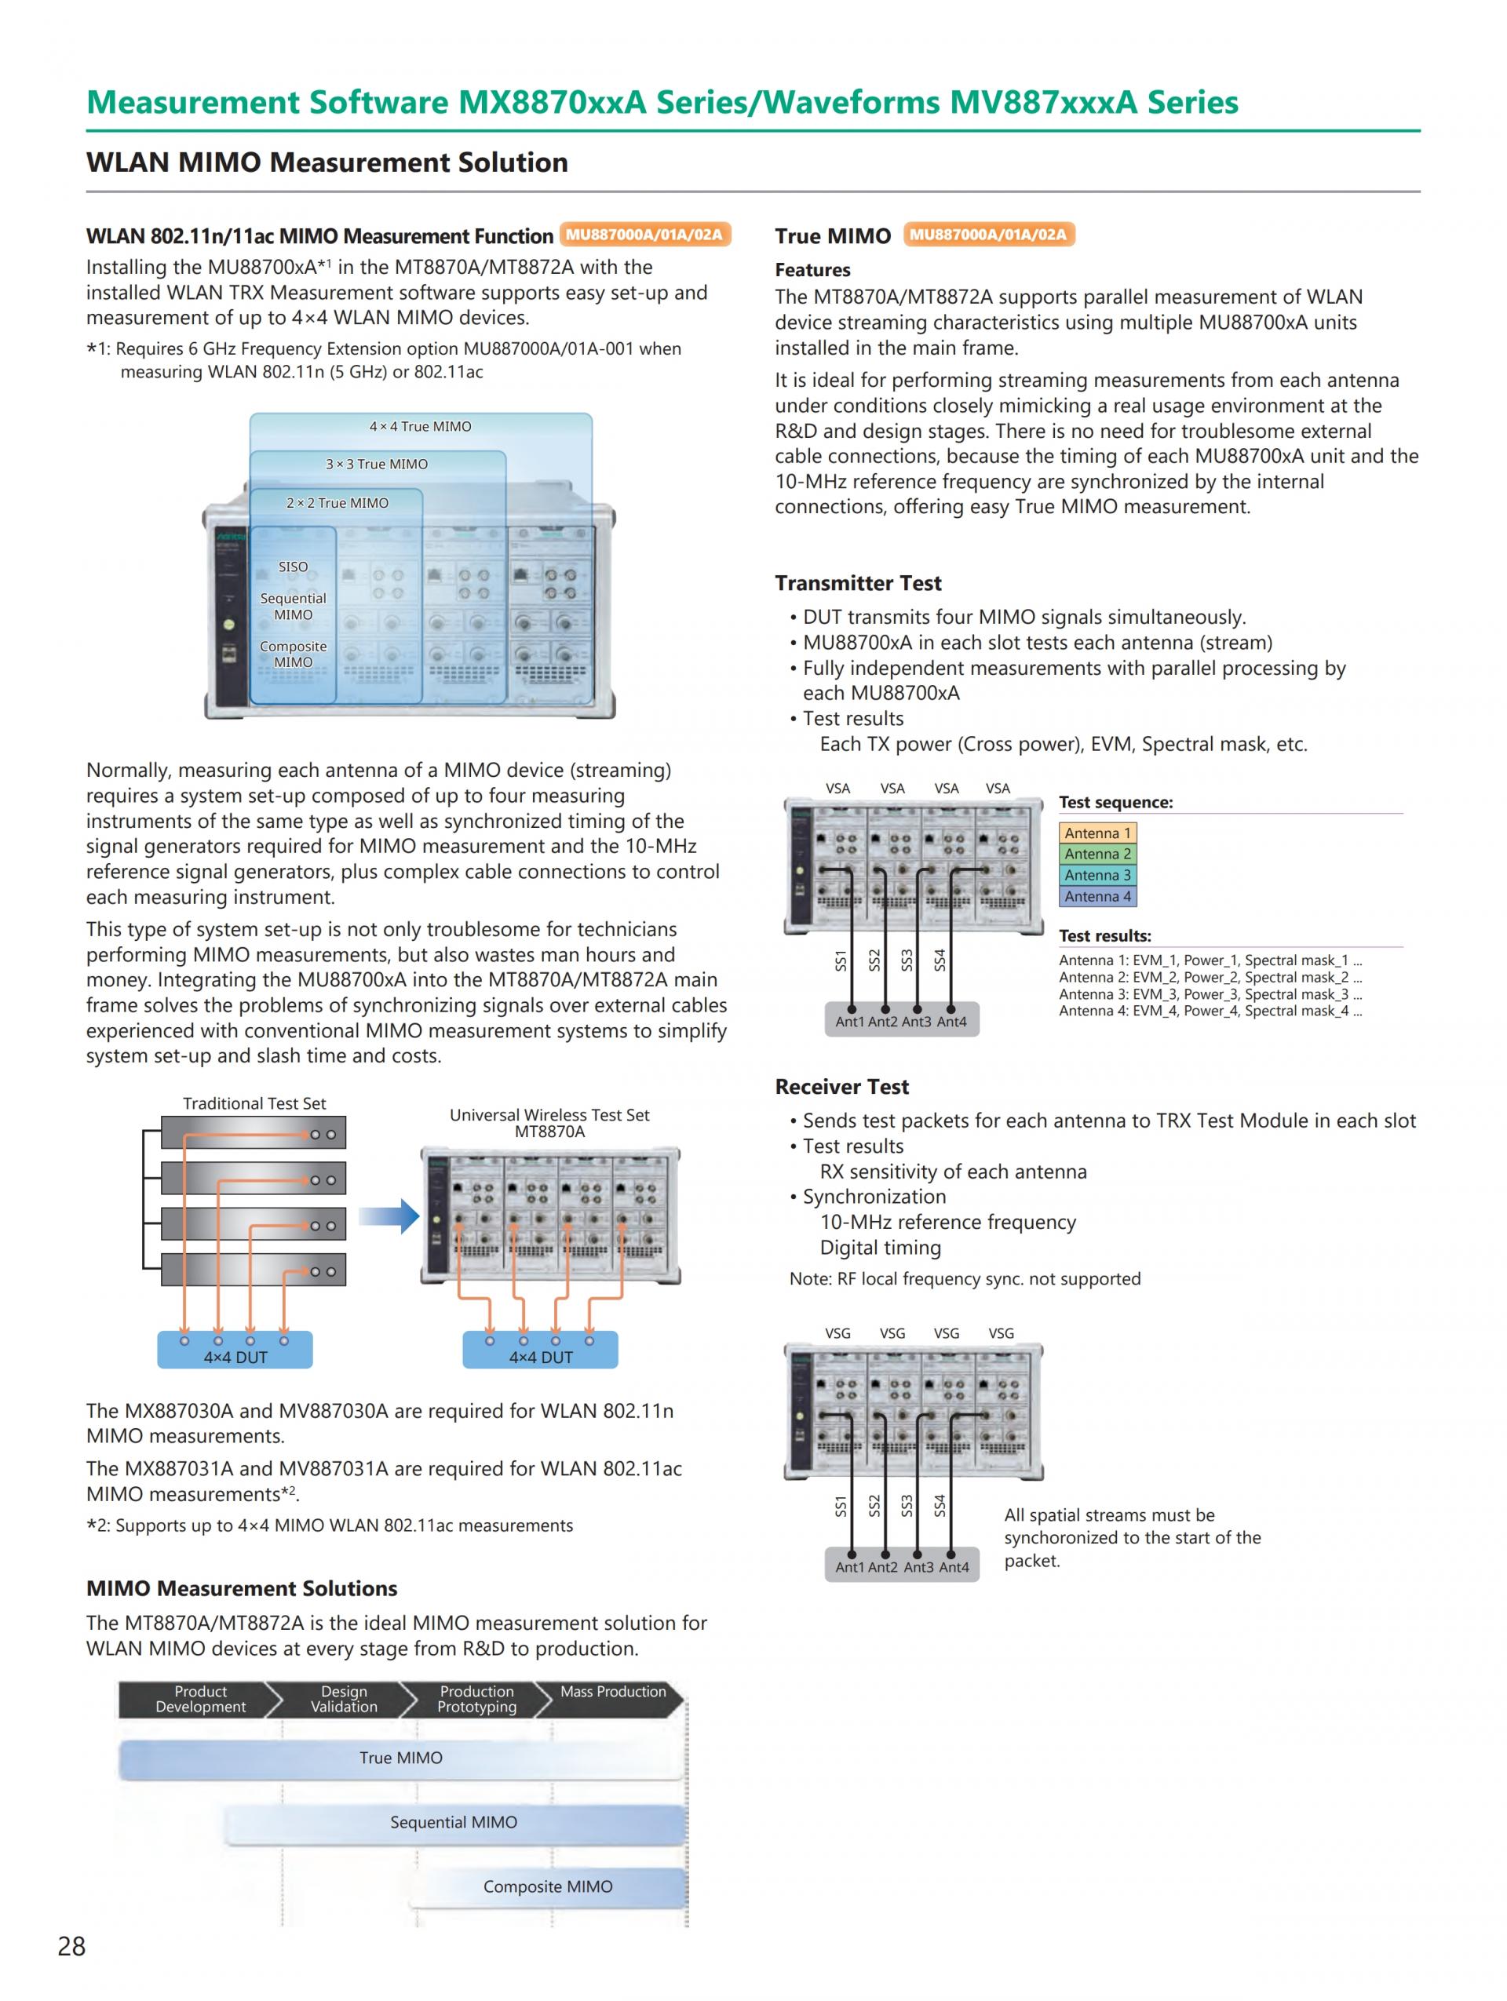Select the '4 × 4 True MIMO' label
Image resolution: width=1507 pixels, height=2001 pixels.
coord(420,427)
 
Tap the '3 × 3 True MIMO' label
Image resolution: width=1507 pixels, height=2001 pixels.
coord(376,464)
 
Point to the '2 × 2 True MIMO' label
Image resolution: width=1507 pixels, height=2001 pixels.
coord(337,503)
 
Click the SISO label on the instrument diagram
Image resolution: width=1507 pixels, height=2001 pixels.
coord(292,567)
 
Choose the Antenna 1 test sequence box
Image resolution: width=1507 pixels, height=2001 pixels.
coord(1097,833)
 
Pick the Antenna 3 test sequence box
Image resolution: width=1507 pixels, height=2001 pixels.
coord(1097,876)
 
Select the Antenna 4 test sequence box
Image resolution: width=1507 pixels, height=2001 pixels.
coord(1097,896)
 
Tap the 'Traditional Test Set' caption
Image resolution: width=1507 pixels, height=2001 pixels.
coord(254,1103)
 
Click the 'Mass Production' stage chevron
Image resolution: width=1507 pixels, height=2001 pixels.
coord(611,1700)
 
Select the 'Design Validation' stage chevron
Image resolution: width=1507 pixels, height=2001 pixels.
coord(344,1700)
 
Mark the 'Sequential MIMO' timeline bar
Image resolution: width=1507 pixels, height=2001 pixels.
coord(454,1823)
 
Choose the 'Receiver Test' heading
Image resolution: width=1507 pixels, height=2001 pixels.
coord(841,1088)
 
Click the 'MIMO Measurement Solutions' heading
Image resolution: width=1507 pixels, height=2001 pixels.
coord(242,1589)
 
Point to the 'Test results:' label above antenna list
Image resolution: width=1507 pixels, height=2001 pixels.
coord(1104,936)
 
